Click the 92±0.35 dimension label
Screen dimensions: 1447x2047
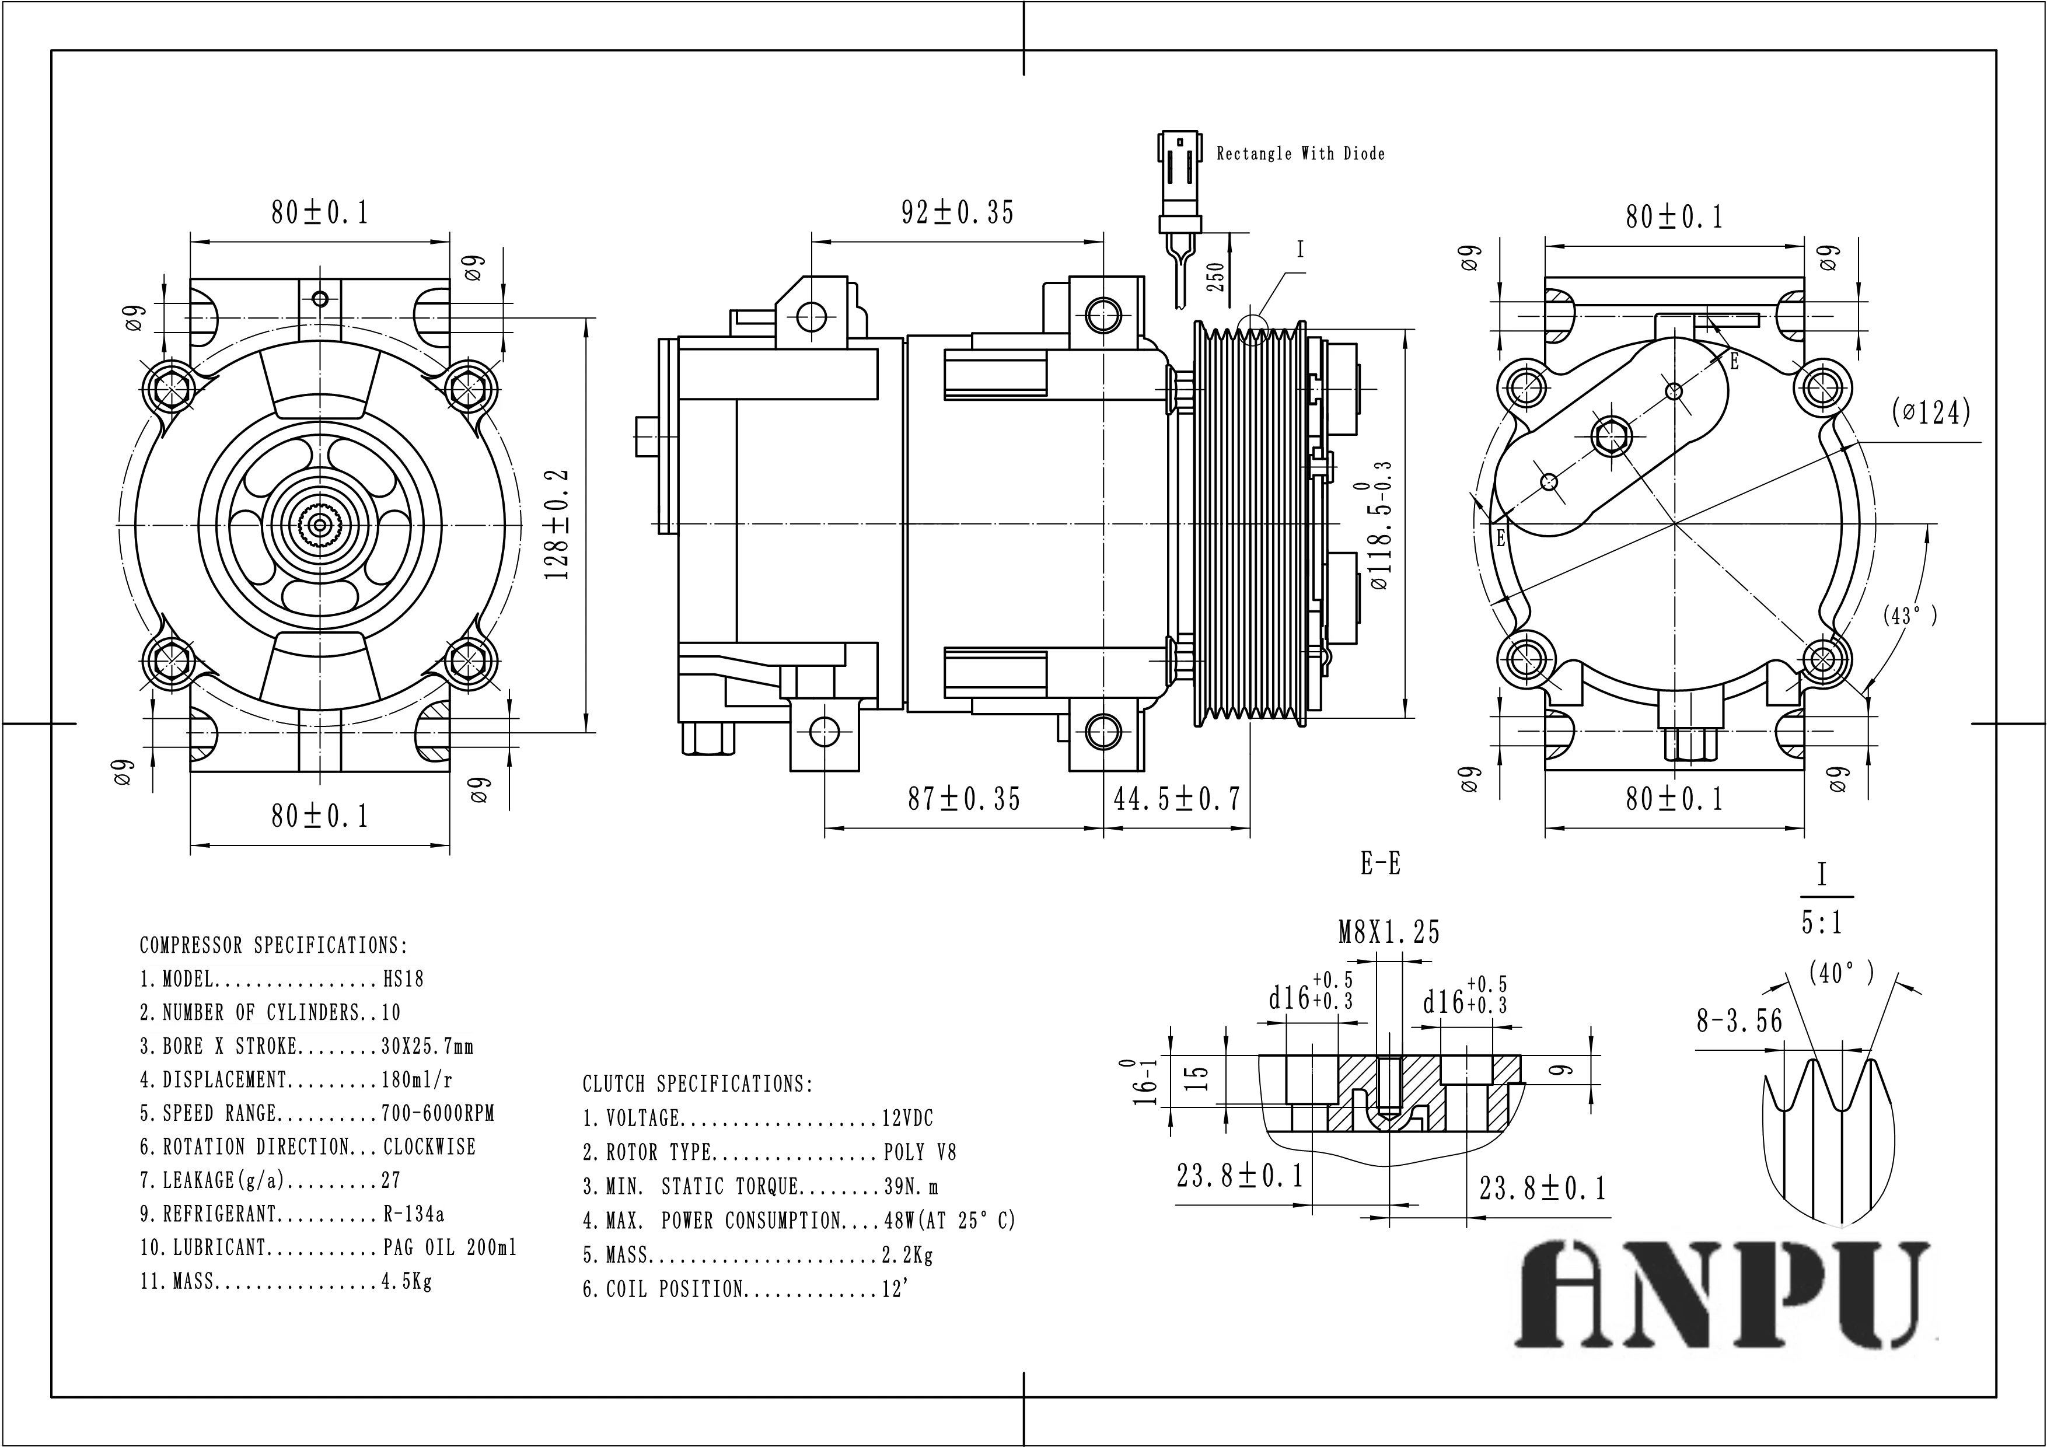[958, 213]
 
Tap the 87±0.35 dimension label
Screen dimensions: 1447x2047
[964, 799]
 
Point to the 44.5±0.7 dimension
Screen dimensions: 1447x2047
[1177, 799]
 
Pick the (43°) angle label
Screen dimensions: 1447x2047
[1910, 615]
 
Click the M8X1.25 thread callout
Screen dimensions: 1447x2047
[1389, 932]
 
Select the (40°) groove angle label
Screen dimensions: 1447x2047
[1841, 974]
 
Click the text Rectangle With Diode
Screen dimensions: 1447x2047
[1301, 154]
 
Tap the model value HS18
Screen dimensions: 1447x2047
[403, 979]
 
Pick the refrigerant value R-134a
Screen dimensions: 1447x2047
[414, 1214]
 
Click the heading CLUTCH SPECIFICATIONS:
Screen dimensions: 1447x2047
[697, 1084]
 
